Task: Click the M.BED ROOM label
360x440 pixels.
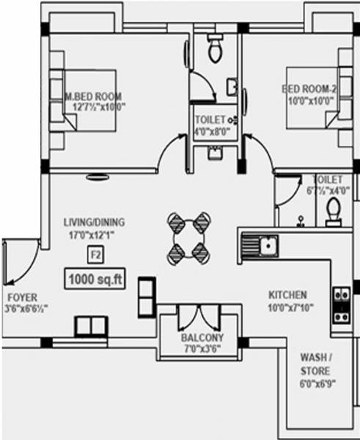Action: tap(94, 96)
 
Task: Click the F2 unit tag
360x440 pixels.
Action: tap(95, 255)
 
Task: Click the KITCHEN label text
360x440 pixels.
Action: tap(287, 294)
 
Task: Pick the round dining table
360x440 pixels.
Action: tap(187, 238)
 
